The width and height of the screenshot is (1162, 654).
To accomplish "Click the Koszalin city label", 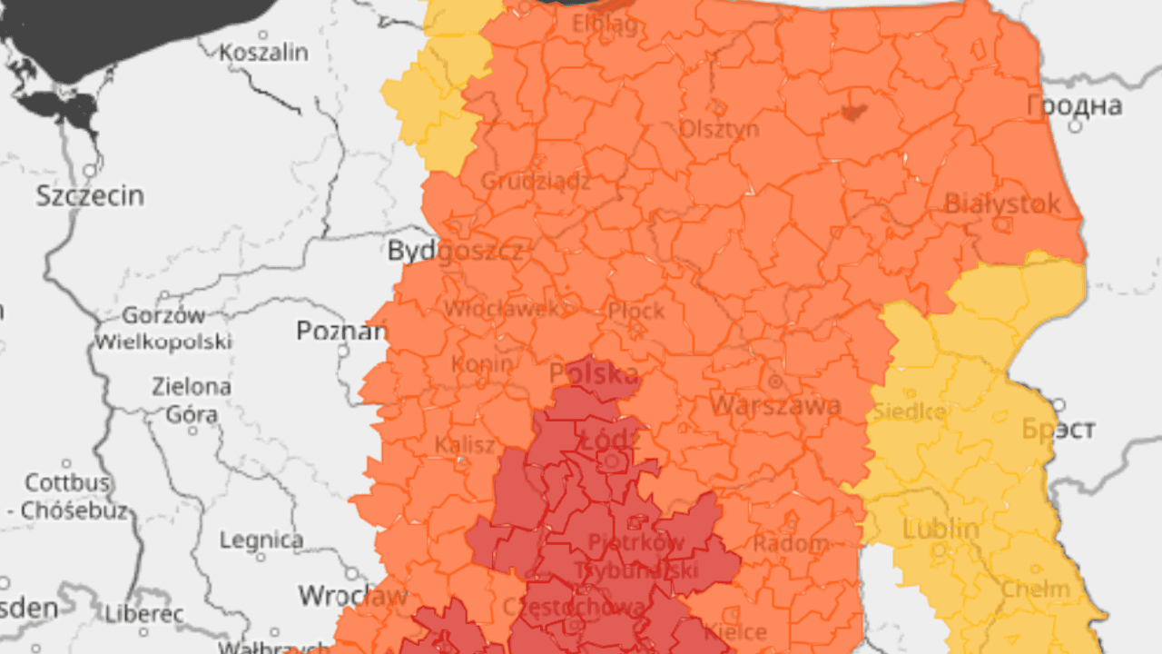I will click(264, 53).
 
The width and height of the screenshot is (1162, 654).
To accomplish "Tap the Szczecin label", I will click(90, 195).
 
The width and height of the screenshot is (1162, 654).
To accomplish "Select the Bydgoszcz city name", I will click(455, 251).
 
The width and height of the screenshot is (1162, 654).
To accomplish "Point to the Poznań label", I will click(341, 331).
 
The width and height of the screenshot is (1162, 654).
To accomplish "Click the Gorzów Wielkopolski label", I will click(163, 329).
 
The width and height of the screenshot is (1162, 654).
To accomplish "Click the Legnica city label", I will click(261, 540).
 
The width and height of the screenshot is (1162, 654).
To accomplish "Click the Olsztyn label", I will click(719, 129).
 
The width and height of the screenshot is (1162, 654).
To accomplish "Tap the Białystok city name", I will click(1002, 203).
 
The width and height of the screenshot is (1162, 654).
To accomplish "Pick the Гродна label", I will click(1074, 106).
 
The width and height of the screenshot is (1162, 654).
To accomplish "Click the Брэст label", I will click(1059, 429).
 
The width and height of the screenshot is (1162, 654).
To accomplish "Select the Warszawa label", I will click(775, 405).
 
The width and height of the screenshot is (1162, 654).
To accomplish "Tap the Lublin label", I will click(940, 529).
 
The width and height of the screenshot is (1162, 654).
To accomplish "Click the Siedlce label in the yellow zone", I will click(910, 412).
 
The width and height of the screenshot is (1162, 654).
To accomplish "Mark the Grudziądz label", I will click(535, 181).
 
